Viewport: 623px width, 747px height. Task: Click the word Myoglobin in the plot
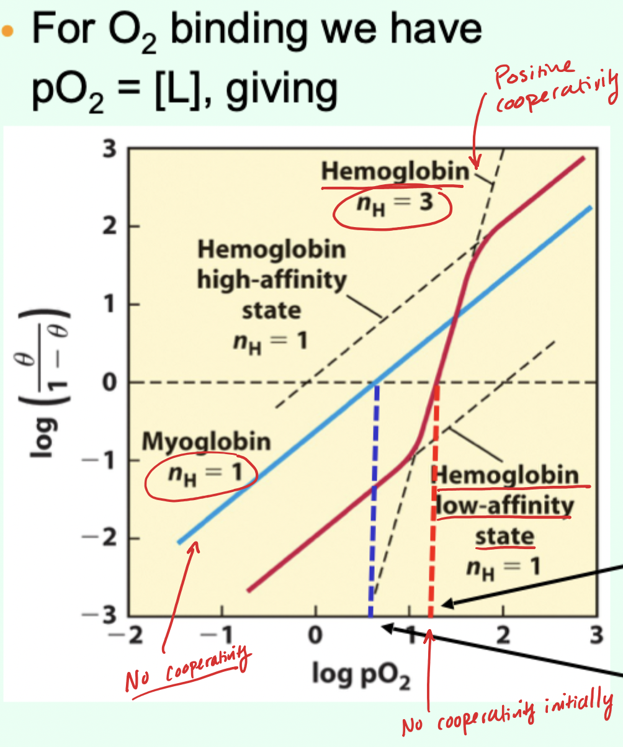click(x=207, y=442)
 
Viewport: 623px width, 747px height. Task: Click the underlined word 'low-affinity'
click(x=504, y=506)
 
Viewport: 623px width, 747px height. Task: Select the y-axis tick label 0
click(x=110, y=382)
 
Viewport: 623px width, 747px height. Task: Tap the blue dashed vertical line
click(x=374, y=496)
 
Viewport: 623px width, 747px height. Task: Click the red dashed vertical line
click(x=434, y=496)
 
